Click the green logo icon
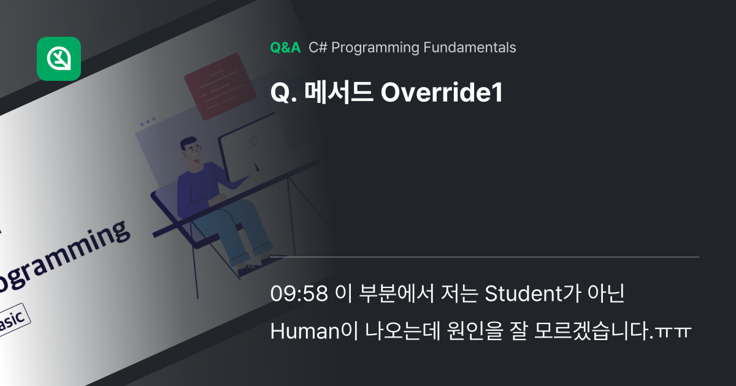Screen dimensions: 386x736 pos(59,59)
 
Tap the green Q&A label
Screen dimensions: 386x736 pos(285,48)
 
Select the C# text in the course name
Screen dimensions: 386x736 pos(316,48)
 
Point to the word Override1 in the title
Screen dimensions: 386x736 pos(442,93)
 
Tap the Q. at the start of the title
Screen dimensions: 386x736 pos(283,93)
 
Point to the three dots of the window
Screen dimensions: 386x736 pos(147,123)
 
